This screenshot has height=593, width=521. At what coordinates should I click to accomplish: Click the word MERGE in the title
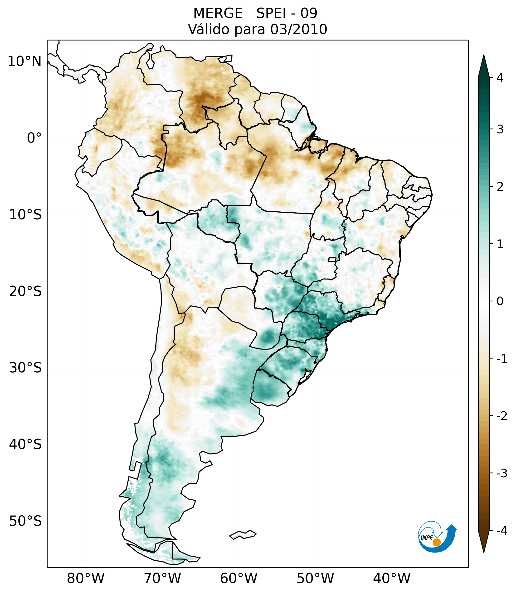[x=218, y=13]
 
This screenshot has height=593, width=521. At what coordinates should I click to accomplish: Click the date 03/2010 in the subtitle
[x=298, y=30]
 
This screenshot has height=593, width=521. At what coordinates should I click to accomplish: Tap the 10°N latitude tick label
[x=25, y=61]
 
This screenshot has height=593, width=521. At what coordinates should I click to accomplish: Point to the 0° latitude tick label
[x=34, y=138]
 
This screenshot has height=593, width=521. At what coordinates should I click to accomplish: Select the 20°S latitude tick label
[x=25, y=291]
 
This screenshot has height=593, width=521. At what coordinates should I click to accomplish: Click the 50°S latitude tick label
[x=25, y=521]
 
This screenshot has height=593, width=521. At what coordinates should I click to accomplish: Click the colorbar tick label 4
[x=500, y=78]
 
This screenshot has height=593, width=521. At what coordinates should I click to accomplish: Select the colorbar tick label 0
[x=500, y=301]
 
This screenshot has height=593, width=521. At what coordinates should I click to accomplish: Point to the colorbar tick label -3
[x=502, y=473]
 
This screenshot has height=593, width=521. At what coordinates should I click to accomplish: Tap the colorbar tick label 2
[x=500, y=187]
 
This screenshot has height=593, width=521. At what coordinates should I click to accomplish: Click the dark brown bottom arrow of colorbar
[x=484, y=540]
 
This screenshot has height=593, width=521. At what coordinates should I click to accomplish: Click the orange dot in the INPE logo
[x=436, y=542]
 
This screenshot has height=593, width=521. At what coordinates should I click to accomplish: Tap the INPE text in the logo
[x=427, y=538]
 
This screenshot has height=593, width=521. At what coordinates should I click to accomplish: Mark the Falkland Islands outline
[x=243, y=534]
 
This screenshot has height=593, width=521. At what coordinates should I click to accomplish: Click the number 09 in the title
[x=309, y=13]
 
